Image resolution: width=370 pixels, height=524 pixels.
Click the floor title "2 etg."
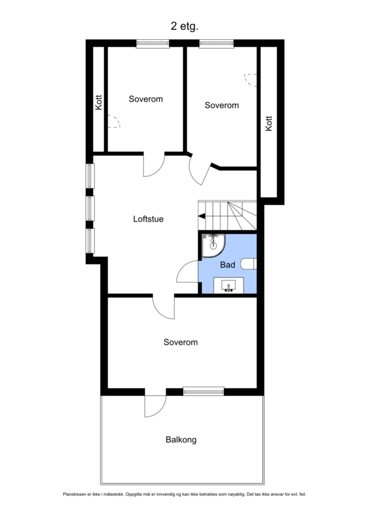pyautogui.click(x=184, y=26)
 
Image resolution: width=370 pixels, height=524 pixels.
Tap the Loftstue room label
pyautogui.click(x=148, y=219)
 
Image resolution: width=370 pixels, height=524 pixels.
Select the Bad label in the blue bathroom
pyautogui.click(x=228, y=265)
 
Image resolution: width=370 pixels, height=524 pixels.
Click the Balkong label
pyautogui.click(x=181, y=440)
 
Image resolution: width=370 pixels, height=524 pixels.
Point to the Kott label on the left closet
pyautogui.click(x=99, y=102)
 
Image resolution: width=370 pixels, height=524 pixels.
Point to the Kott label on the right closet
pyautogui.click(x=269, y=123)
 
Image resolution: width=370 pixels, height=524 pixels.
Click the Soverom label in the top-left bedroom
pyautogui.click(x=146, y=99)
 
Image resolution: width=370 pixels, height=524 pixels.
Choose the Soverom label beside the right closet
pyautogui.click(x=222, y=105)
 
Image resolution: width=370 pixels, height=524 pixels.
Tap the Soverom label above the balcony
pyautogui.click(x=180, y=342)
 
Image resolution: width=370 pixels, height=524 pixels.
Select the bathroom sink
pyautogui.click(x=228, y=285)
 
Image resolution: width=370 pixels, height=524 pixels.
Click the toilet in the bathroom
pyautogui.click(x=249, y=264)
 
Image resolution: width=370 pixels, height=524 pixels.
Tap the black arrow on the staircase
pyautogui.click(x=202, y=216)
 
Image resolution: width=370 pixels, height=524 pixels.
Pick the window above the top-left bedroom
pyautogui.click(x=153, y=43)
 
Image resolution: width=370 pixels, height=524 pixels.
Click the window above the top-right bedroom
pyautogui.click(x=216, y=43)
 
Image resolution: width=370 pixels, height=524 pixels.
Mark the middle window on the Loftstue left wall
pyautogui.click(x=90, y=208)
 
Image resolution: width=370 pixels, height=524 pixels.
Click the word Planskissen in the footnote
pyautogui.click(x=75, y=494)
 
